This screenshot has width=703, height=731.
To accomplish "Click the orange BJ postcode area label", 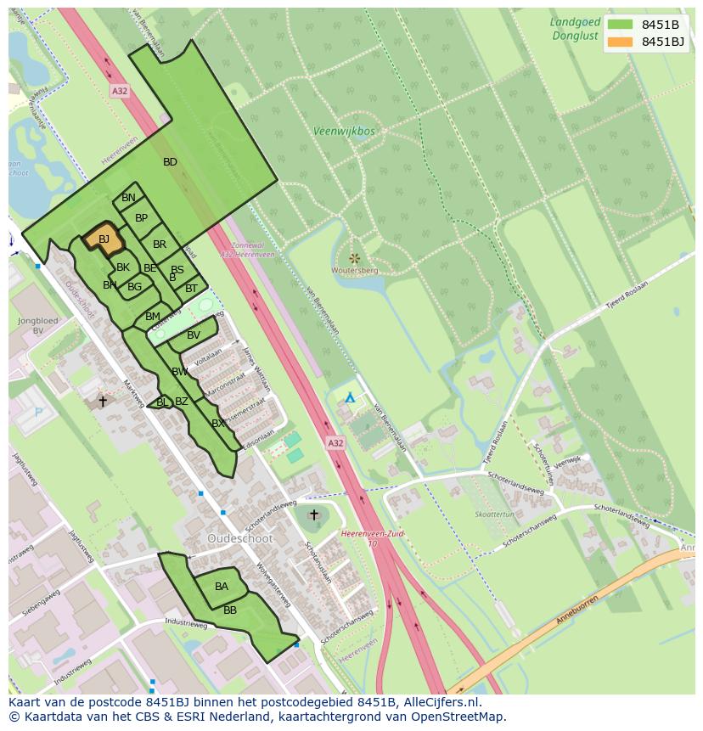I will click(104, 239).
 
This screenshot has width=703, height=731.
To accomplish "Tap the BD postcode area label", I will click(170, 162).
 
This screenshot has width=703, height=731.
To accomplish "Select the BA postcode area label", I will click(222, 587).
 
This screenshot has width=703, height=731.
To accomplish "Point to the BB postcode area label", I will click(230, 610).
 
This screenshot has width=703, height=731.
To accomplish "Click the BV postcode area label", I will click(194, 335).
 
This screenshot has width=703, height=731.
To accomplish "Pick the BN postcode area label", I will click(128, 198).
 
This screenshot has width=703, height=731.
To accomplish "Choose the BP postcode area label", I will click(142, 218).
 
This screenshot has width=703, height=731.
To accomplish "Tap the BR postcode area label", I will click(160, 245).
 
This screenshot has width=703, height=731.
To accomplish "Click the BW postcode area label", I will click(180, 372).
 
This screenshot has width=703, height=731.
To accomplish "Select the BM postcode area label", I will click(153, 317).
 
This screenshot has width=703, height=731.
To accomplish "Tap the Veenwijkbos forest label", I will click(344, 132).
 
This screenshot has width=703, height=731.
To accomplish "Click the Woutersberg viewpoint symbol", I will click(354, 257).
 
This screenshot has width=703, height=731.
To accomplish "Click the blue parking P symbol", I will click(37, 413).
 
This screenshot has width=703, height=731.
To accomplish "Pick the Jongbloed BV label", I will click(37, 325).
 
